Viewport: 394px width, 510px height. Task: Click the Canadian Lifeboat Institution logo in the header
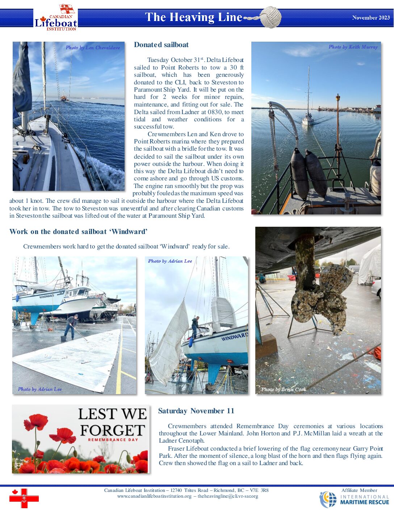[55, 18]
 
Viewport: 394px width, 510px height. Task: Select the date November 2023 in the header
[371, 17]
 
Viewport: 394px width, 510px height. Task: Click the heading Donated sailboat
[161, 45]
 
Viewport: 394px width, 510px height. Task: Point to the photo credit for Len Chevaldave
[93, 47]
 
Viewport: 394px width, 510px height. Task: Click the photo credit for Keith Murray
[353, 47]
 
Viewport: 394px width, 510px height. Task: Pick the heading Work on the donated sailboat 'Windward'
[78, 232]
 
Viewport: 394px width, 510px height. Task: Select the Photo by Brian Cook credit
[284, 389]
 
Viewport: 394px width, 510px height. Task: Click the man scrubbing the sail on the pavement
[71, 326]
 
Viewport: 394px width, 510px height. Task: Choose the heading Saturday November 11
[196, 411]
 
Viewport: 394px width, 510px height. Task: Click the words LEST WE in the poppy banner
[112, 414]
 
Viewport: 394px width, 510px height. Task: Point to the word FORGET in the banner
[112, 430]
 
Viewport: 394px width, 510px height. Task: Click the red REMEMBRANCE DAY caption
[113, 440]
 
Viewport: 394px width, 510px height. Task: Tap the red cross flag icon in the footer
[24, 498]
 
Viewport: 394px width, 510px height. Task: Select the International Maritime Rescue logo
[354, 499]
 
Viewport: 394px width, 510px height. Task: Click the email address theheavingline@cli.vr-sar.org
[228, 496]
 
